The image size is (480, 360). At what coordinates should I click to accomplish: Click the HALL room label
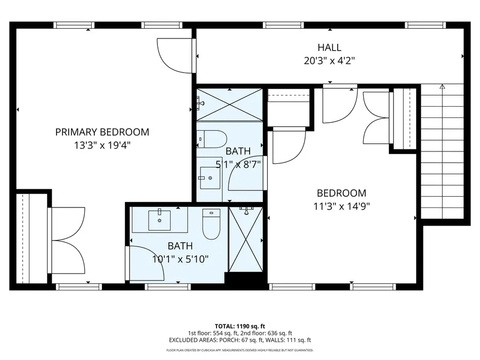pos(329,48)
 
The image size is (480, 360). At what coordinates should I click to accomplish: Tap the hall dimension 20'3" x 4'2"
pos(329,60)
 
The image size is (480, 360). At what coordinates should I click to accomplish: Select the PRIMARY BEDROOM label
pos(102,132)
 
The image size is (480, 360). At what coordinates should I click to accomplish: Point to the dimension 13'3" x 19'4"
pos(102,144)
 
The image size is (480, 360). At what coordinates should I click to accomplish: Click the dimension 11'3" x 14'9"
pos(341,205)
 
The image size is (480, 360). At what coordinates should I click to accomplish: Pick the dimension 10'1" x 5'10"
pos(181,259)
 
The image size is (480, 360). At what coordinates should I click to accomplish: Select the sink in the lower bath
pos(159,219)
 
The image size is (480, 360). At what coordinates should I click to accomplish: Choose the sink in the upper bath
pos(209,177)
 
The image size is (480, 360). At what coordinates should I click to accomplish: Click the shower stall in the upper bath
pos(230,103)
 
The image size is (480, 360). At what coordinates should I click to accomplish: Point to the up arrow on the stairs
pos(442,86)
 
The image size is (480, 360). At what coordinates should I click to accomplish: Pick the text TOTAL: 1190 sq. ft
pos(239,325)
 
